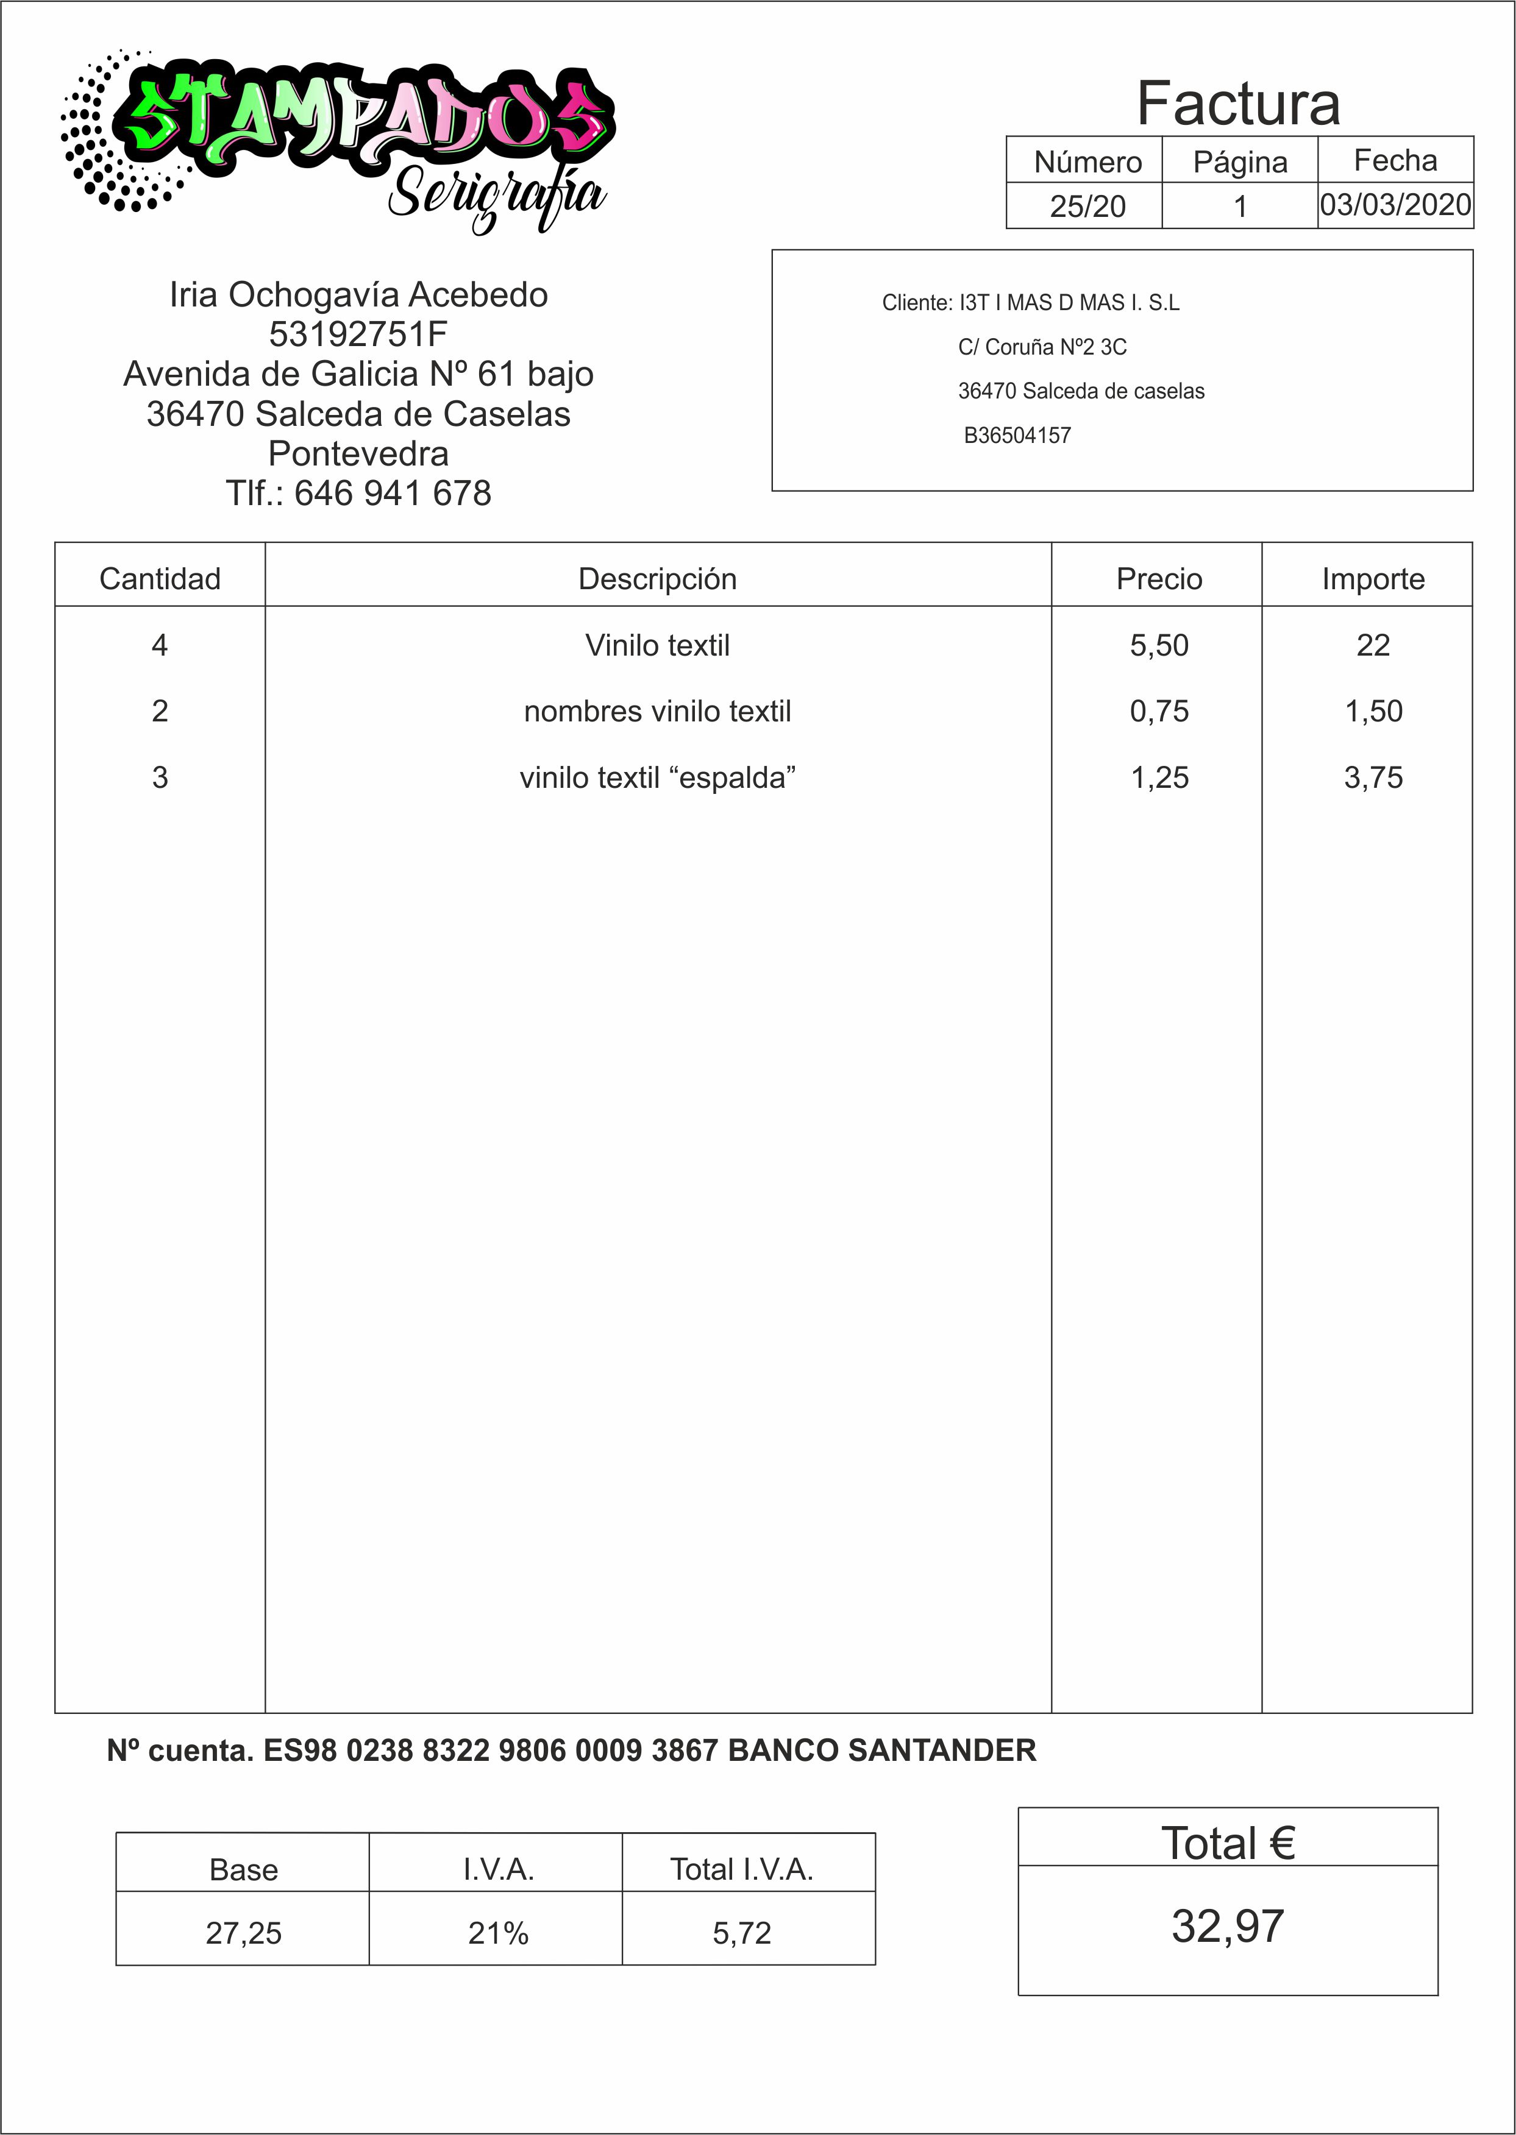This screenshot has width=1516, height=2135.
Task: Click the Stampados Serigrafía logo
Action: tap(336, 140)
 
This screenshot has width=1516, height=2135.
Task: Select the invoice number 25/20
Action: tap(1087, 205)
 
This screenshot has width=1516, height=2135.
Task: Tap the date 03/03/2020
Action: tap(1395, 204)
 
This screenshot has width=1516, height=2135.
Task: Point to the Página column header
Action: tap(1240, 162)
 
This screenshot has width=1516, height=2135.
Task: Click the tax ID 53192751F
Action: tap(358, 333)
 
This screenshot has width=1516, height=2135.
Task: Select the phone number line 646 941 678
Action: tap(358, 493)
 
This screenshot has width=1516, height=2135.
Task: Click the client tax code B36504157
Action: tap(1017, 435)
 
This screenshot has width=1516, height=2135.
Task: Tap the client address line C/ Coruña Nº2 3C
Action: tap(1042, 347)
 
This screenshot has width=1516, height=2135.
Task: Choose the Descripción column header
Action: tap(657, 579)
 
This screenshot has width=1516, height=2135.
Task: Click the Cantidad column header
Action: tap(160, 579)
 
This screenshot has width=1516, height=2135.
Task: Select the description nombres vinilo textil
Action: tap(657, 711)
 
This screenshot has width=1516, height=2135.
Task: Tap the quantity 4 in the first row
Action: tap(160, 645)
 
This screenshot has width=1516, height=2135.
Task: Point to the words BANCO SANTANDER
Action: tap(881, 1750)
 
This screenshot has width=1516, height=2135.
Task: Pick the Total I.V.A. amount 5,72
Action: tap(741, 1933)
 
